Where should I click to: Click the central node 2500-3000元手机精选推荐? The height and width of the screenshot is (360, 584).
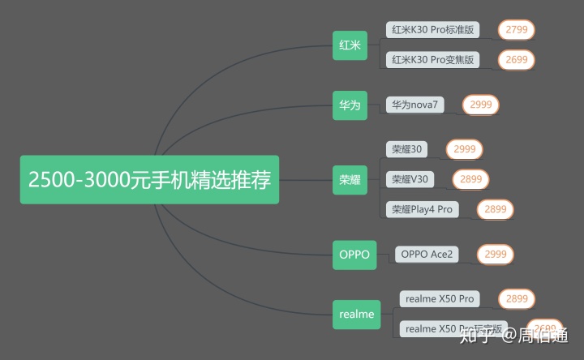(x=149, y=179)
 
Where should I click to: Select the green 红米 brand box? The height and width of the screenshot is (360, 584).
(x=350, y=45)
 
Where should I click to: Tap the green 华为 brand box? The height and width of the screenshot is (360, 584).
(x=350, y=105)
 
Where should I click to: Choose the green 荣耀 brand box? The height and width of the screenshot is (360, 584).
(x=350, y=180)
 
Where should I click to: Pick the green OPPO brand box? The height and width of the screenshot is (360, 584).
(x=354, y=255)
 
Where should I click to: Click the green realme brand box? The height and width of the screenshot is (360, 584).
(x=357, y=314)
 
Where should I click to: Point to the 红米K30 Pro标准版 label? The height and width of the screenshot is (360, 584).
(x=432, y=30)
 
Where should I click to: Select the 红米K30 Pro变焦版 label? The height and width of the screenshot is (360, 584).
(x=432, y=59)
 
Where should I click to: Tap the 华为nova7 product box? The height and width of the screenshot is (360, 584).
(x=415, y=105)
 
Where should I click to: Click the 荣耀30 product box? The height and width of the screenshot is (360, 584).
(x=406, y=149)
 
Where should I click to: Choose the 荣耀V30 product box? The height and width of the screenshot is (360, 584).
(x=410, y=179)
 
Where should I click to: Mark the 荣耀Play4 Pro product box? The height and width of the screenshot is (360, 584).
(x=422, y=209)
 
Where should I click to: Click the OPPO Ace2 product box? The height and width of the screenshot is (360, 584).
(x=427, y=255)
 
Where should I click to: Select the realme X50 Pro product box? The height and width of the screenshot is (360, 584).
(x=440, y=299)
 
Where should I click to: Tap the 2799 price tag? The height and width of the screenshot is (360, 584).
(x=516, y=30)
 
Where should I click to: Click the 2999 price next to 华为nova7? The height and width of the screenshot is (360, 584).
(x=480, y=105)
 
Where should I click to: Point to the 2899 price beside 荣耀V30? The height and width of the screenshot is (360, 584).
(x=471, y=179)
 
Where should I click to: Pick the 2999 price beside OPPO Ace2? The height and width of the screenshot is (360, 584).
(x=495, y=255)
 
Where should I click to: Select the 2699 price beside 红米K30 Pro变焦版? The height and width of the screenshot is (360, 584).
(x=516, y=59)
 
